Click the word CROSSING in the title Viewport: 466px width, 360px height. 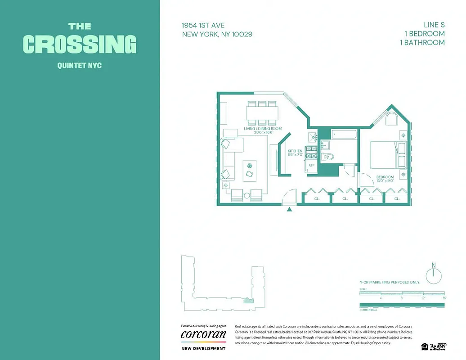pos(80,44)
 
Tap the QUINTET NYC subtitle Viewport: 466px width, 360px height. pos(80,66)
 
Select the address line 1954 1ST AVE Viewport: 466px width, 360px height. pos(203,25)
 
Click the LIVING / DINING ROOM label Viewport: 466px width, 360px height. pos(263,129)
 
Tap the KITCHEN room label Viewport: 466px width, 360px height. pos(295,151)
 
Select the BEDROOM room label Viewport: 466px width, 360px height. pos(385,177)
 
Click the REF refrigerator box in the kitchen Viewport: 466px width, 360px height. pos(311,166)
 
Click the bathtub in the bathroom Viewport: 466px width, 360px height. pos(344,134)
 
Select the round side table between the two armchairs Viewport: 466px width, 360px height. pos(246,195)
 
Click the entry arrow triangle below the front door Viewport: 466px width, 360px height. pos(290,209)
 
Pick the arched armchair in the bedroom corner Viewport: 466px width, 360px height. pos(391,119)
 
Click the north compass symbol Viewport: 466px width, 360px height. pos(434,274)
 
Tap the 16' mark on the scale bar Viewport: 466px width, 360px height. pos(444,298)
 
